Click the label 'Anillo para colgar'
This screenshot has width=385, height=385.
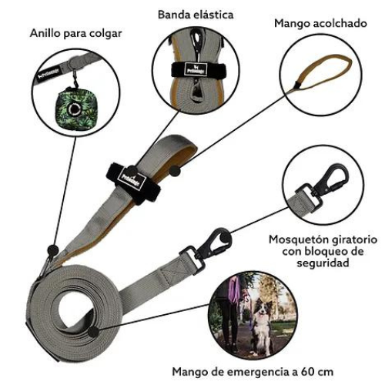point(75,34)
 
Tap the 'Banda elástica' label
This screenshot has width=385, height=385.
point(196,15)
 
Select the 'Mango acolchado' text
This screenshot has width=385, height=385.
point(320,23)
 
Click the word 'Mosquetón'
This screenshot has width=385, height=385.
point(299,239)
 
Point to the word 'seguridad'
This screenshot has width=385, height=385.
point(323,263)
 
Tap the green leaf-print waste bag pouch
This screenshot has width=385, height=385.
point(77,106)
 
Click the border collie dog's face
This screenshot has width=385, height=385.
point(261,310)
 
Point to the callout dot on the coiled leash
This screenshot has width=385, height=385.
point(93,332)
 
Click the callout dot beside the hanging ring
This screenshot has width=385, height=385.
point(53,250)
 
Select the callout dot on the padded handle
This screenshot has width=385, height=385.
point(175,171)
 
